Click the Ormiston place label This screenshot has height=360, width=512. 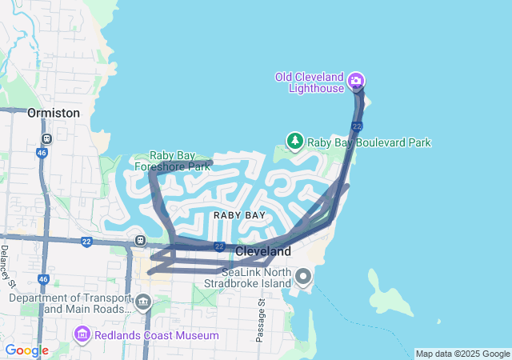[54, 113]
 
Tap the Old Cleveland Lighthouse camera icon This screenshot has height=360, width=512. [356, 80]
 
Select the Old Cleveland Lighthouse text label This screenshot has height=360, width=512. [310, 83]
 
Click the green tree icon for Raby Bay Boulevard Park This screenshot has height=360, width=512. [295, 142]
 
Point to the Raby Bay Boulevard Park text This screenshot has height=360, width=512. [370, 142]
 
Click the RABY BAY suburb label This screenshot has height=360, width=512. [239, 215]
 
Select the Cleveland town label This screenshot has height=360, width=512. [262, 251]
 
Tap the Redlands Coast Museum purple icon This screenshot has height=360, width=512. [82, 334]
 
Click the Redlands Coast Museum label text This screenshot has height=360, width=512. [156, 334]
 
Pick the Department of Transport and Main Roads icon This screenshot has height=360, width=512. [143, 302]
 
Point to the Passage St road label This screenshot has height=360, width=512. [261, 320]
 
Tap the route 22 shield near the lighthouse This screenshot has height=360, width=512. [357, 126]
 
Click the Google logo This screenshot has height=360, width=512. [26, 350]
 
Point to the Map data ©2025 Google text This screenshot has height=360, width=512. [462, 354]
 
